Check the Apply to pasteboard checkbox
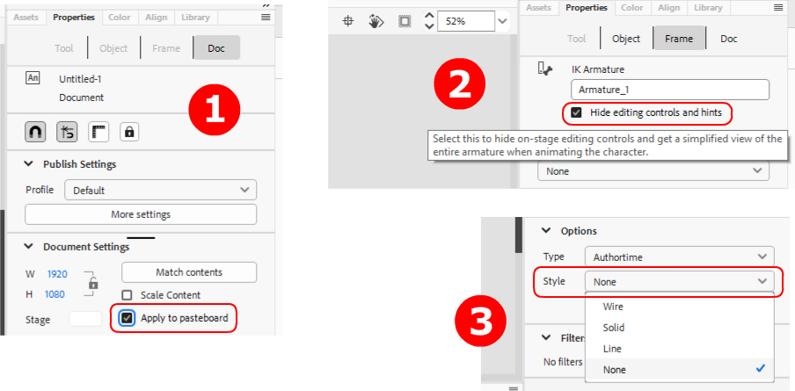coord(128,318)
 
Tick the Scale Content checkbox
coord(127,294)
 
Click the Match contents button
coord(189,272)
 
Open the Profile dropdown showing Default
coord(161,191)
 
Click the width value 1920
coord(57,274)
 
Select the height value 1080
coord(55,294)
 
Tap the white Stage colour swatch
coord(85,319)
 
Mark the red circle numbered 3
coord(481,322)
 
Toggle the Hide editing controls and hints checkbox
coord(576,112)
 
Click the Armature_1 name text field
coord(670,90)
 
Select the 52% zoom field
coord(465,21)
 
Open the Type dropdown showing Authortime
coord(680,257)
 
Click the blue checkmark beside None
coord(760,369)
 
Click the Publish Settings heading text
coord(80,164)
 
